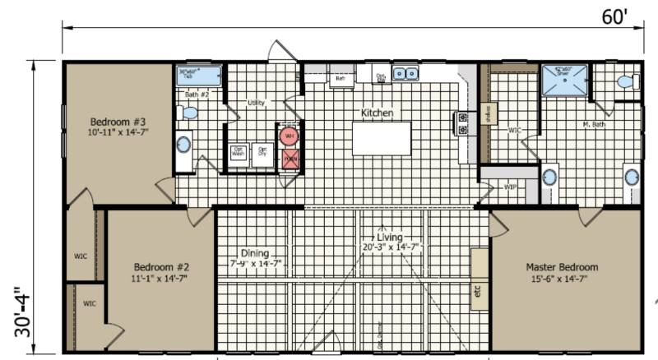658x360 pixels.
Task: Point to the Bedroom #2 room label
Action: [161, 267]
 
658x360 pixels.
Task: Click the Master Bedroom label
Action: [562, 268]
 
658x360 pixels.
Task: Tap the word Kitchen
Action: [378, 112]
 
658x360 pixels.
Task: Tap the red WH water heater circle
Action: [289, 136]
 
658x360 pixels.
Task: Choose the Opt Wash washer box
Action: [239, 153]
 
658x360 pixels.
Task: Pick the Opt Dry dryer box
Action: [262, 153]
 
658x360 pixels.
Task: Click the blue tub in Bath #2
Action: [200, 76]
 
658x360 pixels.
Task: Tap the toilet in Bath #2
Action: [188, 113]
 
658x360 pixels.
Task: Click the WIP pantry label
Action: [510, 186]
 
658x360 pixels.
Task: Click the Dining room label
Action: [255, 253]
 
